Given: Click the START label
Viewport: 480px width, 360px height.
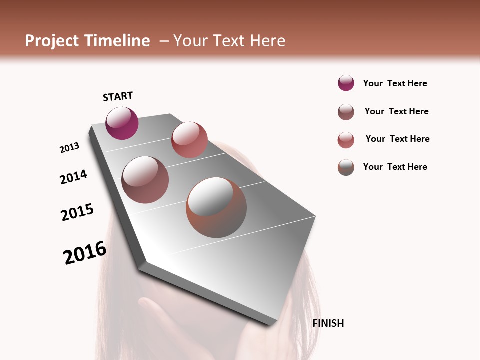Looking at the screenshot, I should [x=118, y=96].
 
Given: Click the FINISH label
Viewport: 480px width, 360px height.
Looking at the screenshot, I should [x=328, y=323].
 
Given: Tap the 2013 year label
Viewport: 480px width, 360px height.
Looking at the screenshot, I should [x=69, y=148].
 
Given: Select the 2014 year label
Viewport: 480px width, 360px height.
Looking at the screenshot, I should [x=73, y=177].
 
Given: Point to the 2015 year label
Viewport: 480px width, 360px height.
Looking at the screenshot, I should [x=77, y=212].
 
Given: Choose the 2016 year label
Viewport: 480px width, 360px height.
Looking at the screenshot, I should [x=85, y=253].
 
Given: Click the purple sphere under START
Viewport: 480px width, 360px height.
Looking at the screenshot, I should [x=122, y=123].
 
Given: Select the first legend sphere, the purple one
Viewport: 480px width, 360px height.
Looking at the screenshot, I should [x=346, y=83].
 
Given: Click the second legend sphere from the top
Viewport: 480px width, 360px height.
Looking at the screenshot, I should [x=346, y=112].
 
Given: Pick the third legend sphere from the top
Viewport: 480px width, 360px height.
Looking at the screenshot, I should [x=346, y=140].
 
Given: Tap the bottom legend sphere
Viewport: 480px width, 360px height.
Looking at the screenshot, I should [x=346, y=167].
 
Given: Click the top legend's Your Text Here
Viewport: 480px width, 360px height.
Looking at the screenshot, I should [x=395, y=83].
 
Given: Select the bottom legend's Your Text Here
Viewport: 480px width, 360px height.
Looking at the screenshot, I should [x=395, y=167].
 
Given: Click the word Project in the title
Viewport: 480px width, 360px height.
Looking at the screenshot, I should [x=52, y=41].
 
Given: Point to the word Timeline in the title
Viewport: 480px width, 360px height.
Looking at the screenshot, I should [x=117, y=41].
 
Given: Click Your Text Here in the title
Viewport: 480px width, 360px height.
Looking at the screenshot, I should [x=229, y=41].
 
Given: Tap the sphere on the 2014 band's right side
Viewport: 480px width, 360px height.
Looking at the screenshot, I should [x=189, y=140].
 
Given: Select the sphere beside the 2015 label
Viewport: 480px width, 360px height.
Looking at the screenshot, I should [x=145, y=180].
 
